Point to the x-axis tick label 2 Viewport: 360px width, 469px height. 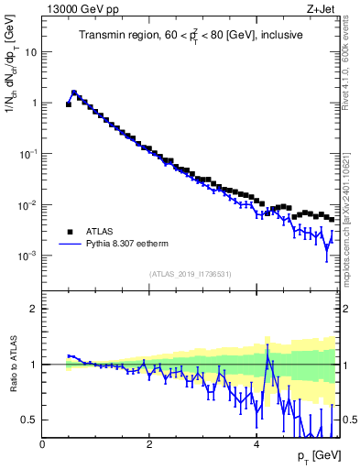tap(149, 444)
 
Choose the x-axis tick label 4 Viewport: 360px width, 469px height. tap(256, 444)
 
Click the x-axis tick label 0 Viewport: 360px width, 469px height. tap(43, 444)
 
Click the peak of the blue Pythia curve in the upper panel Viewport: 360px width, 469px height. tap(74, 93)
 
